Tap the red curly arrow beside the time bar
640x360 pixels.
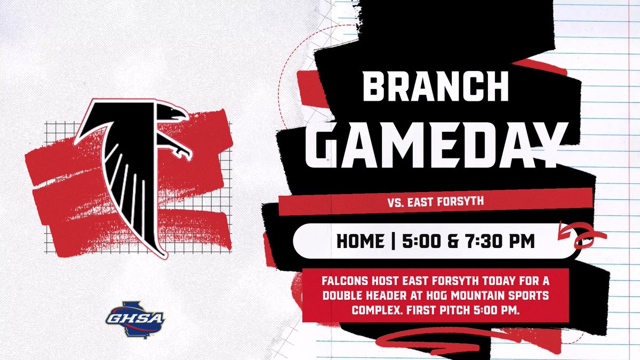[579, 235]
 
